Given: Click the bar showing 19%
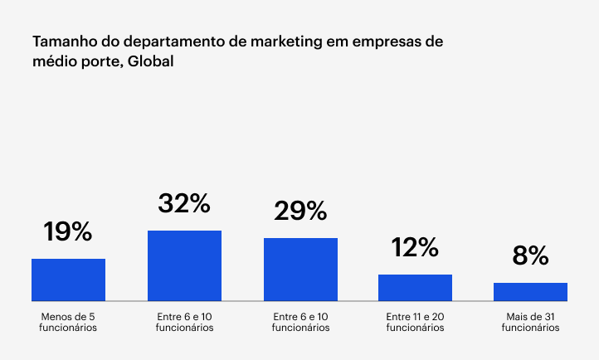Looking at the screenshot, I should [68, 280].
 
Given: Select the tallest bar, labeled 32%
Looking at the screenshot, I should [184, 265].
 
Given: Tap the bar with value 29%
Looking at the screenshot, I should [300, 270].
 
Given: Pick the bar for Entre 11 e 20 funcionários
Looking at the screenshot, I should [415, 287].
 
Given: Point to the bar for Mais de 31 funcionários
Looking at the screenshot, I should [530, 291].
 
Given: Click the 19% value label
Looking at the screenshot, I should [68, 232].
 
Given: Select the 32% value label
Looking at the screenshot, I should [184, 204].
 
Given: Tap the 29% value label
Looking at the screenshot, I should [300, 212].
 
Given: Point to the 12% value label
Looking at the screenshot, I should [415, 247].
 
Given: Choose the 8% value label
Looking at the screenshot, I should [530, 255].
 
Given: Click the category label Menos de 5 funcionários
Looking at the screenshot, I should [68, 322].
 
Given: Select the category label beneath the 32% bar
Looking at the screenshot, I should [184, 322].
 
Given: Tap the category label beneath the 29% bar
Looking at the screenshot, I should [300, 322].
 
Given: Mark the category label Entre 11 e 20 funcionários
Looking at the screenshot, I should [415, 322].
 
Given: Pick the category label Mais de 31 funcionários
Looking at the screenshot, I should [530, 322].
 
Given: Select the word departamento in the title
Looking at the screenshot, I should [163, 41].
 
